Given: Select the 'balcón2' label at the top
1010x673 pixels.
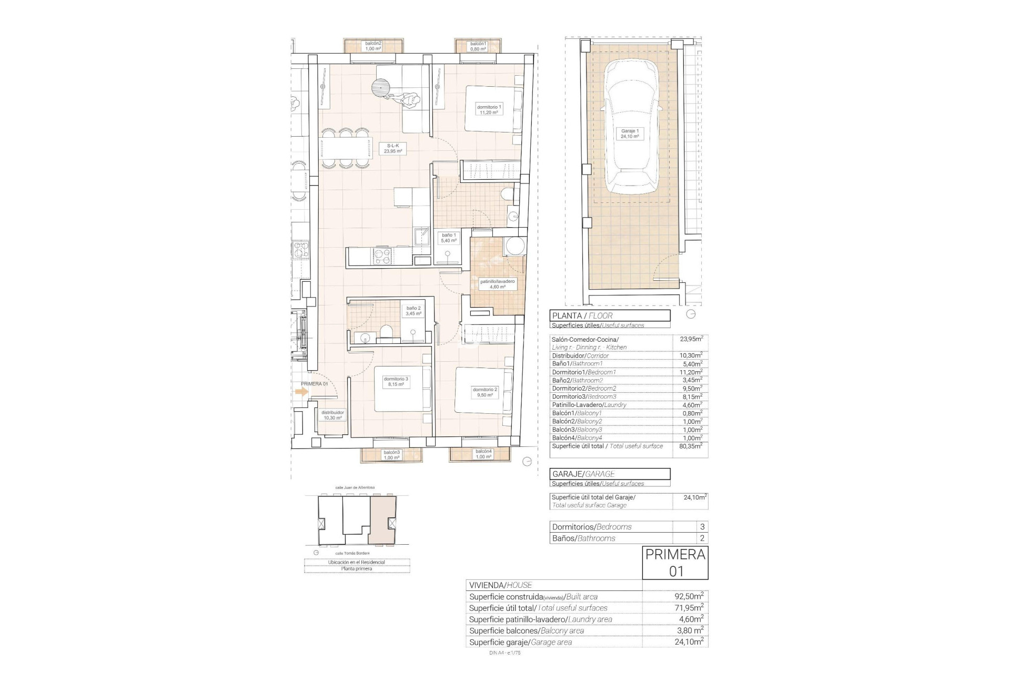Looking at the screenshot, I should [x=373, y=46].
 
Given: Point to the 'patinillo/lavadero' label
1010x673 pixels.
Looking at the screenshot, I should [x=497, y=284].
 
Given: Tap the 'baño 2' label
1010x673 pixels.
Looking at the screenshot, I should [x=413, y=311].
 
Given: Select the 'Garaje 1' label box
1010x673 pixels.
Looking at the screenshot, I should [x=630, y=134].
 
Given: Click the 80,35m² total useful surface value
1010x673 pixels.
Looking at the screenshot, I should [x=691, y=446].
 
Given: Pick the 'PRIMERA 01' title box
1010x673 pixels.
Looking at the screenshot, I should [x=675, y=563].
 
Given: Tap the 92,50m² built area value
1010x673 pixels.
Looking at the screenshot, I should [x=689, y=596].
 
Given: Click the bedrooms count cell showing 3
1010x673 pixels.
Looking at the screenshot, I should [x=702, y=526].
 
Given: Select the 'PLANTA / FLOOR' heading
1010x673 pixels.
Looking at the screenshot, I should [x=610, y=316].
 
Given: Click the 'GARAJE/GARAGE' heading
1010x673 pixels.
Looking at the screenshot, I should [x=610, y=474].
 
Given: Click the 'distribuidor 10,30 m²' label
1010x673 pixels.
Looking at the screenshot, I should [x=332, y=415].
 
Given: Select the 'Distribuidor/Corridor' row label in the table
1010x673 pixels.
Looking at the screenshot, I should [x=580, y=355].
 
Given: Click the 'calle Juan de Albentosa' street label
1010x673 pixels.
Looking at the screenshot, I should [x=355, y=487].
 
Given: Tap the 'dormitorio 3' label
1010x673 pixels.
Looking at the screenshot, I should [x=396, y=382].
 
